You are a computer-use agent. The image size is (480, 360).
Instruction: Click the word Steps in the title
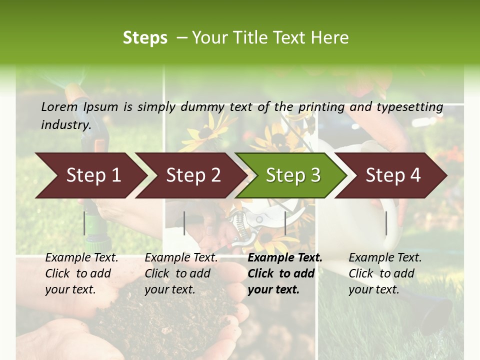pos(145,38)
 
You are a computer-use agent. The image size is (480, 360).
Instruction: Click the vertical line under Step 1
pos(84,223)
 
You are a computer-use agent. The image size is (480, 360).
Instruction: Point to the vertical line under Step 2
pos(184,223)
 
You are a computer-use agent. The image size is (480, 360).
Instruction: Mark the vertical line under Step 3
pos(285,223)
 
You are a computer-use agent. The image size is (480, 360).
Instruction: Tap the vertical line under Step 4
pos(386,223)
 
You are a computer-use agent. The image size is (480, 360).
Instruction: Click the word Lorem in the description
pos(59,107)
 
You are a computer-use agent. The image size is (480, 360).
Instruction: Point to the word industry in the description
pos(65,125)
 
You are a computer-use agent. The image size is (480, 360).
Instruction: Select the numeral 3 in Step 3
pos(314,175)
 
